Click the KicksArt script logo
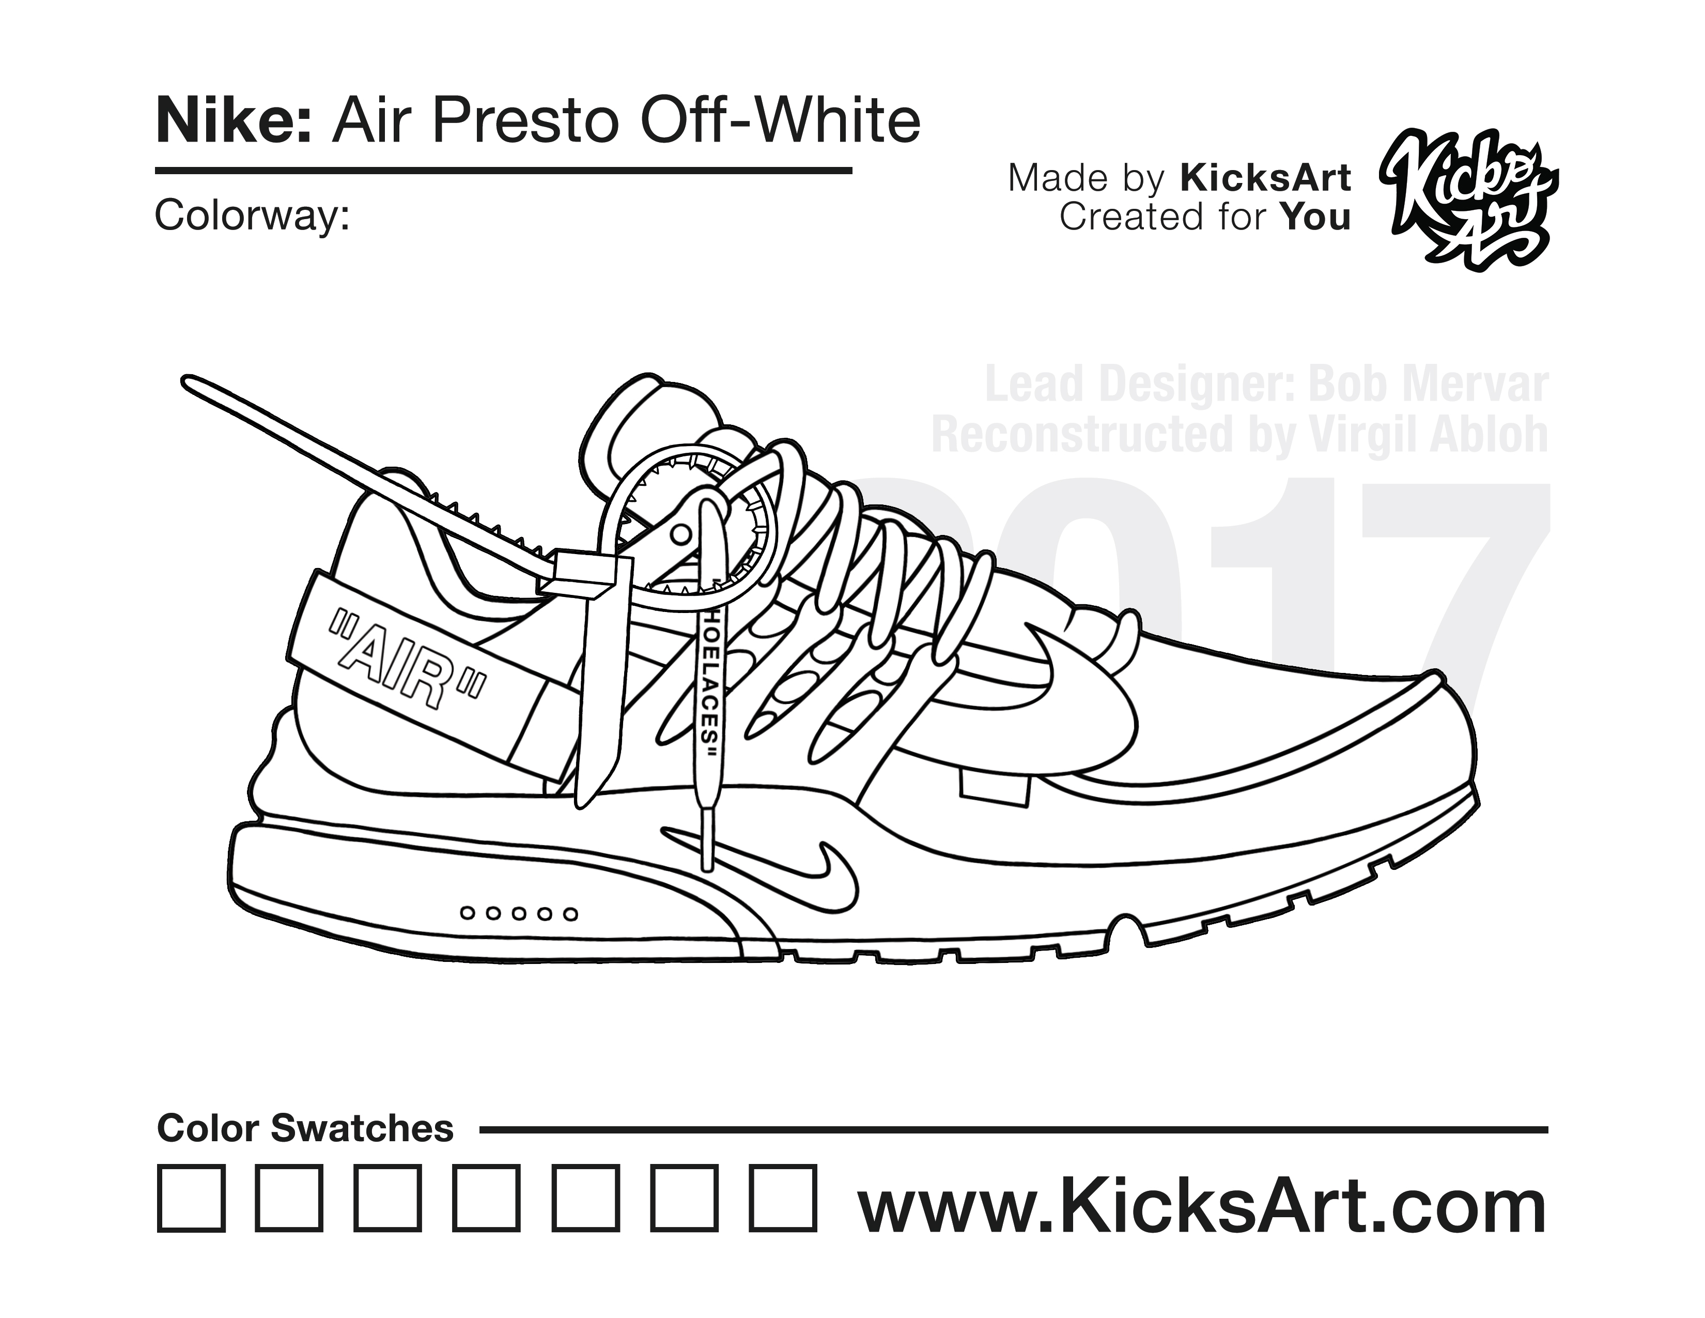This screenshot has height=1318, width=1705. coord(1468,202)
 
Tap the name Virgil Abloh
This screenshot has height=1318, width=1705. coord(1428,434)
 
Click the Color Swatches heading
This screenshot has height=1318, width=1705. coord(305,1128)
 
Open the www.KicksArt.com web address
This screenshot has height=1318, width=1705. coord(1202,1206)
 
